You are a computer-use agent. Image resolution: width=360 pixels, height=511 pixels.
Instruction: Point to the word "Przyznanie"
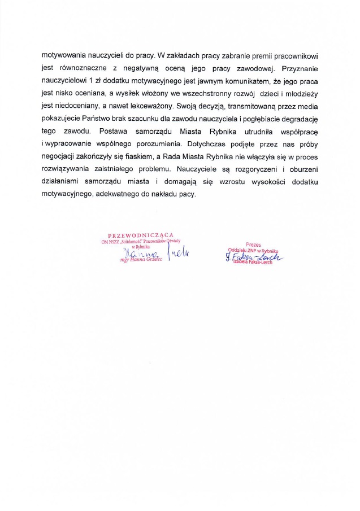(298, 69)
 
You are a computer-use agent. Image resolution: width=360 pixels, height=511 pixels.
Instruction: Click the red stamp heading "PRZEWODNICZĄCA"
(140, 235)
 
